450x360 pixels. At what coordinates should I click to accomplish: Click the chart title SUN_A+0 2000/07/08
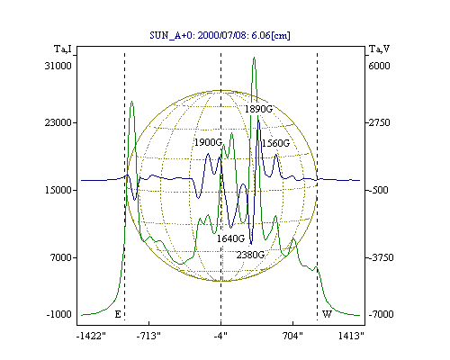pyautogui.click(x=220, y=35)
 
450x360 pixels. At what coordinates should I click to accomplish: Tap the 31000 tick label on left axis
pyautogui.click(x=58, y=66)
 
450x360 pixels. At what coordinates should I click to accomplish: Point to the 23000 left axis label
pyautogui.click(x=58, y=122)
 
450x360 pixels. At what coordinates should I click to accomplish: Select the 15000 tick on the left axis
pyautogui.click(x=58, y=190)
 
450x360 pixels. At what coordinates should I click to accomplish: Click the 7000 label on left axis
pyautogui.click(x=61, y=257)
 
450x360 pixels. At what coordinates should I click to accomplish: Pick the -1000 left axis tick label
pyautogui.click(x=59, y=314)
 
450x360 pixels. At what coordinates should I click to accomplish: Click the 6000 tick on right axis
pyautogui.click(x=379, y=66)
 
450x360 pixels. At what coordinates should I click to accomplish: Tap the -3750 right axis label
pyautogui.click(x=381, y=257)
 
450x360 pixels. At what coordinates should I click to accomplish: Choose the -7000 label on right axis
pyautogui.click(x=381, y=314)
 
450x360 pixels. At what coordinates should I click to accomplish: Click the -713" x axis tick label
pyautogui.click(x=148, y=336)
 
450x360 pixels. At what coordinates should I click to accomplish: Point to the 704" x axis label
pyautogui.click(x=292, y=336)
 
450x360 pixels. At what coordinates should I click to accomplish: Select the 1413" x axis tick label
pyautogui.click(x=351, y=336)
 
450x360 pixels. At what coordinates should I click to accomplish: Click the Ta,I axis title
pyautogui.click(x=63, y=49)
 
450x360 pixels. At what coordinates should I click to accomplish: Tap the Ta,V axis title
pyautogui.click(x=379, y=49)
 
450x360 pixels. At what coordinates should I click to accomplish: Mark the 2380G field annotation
pyautogui.click(x=250, y=255)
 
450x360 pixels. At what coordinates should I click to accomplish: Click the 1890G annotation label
pyautogui.click(x=258, y=109)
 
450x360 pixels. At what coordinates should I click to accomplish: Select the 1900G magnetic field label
pyautogui.click(x=208, y=142)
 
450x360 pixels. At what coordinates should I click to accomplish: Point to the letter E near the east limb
pyautogui.click(x=118, y=314)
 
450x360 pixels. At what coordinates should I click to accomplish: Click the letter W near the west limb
pyautogui.click(x=327, y=314)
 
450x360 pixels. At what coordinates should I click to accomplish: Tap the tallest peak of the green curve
pyautogui.click(x=254, y=57)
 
